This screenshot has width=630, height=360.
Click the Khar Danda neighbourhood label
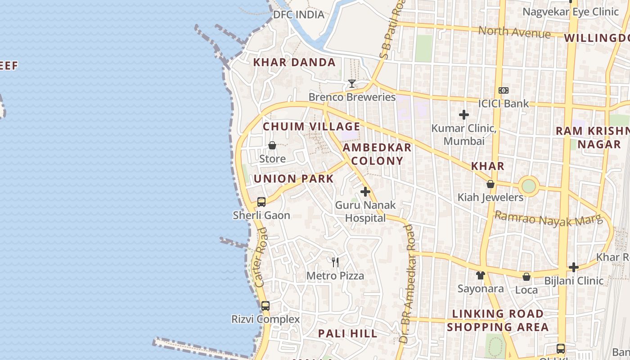(294, 63)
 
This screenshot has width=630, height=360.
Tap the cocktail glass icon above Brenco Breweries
(351, 84)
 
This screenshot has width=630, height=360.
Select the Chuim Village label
(311, 127)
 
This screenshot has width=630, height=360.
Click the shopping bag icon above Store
(272, 145)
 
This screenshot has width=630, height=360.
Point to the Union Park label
(293, 179)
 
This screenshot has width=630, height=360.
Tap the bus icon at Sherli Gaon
(261, 202)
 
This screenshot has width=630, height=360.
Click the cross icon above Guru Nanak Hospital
(365, 192)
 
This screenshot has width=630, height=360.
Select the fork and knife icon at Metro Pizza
(335, 262)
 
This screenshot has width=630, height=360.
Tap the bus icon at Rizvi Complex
(265, 306)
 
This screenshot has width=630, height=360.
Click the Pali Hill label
(348, 333)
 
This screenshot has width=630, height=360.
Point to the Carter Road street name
(261, 257)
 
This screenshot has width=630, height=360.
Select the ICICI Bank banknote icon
(504, 90)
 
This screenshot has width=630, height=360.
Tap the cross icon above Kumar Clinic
(464, 115)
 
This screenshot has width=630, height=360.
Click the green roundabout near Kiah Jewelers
(529, 186)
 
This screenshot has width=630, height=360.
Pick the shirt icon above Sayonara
(480, 275)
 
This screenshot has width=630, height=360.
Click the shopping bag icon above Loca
(526, 276)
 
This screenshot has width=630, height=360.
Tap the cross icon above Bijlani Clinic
(573, 267)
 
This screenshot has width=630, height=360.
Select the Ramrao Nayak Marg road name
(548, 219)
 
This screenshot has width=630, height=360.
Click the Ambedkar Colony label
(377, 154)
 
